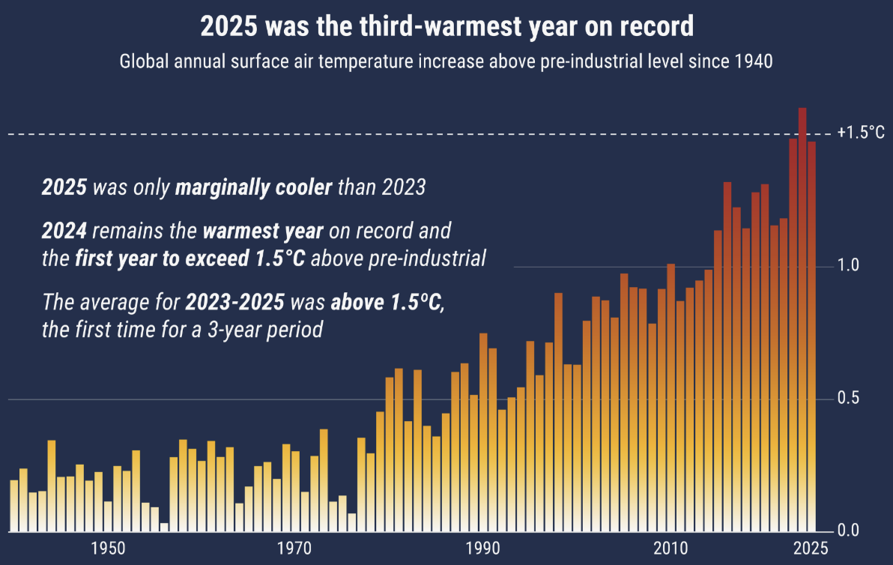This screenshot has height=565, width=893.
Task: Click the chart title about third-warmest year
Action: (x=446, y=27)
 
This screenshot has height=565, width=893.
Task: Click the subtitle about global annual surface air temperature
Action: (x=446, y=61)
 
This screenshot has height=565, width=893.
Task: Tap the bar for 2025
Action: (x=811, y=337)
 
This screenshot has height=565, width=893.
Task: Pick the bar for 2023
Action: (x=793, y=337)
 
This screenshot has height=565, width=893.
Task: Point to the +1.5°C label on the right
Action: (x=862, y=133)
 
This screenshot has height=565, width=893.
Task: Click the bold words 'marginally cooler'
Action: (x=253, y=187)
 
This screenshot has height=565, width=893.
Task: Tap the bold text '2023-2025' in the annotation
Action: (x=235, y=303)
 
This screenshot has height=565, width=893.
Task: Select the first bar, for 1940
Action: (x=13, y=506)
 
